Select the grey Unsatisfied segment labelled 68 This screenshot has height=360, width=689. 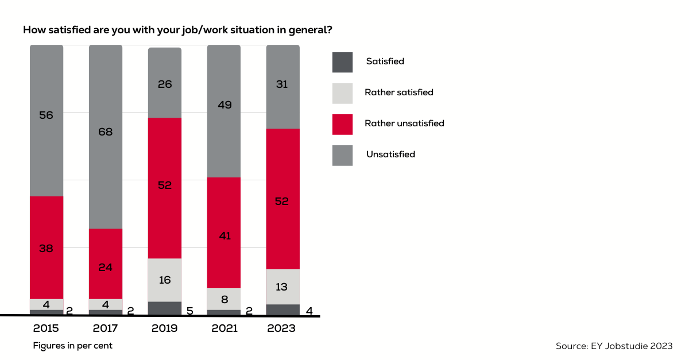pyautogui.click(x=106, y=137)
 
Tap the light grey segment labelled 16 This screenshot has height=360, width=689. pyautogui.click(x=165, y=280)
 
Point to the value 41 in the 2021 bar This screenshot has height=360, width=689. pyautogui.click(x=224, y=235)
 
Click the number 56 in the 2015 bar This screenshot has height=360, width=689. pyautogui.click(x=47, y=115)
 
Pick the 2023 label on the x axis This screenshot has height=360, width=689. pyautogui.click(x=282, y=328)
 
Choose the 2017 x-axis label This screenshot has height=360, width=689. pyautogui.click(x=106, y=328)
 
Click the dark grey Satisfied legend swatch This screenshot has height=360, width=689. pyautogui.click(x=342, y=62)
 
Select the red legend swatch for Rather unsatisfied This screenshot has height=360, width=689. pyautogui.click(x=342, y=124)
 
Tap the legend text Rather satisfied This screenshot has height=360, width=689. pyautogui.click(x=398, y=92)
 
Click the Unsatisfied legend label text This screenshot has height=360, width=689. pyautogui.click(x=390, y=154)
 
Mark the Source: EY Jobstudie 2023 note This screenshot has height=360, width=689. pyautogui.click(x=614, y=346)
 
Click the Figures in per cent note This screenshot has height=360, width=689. pyautogui.click(x=72, y=346)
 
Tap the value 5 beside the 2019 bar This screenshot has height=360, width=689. pyautogui.click(x=189, y=311)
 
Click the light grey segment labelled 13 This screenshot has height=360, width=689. pyautogui.click(x=282, y=287)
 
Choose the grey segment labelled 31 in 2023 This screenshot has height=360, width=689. pyautogui.click(x=282, y=86)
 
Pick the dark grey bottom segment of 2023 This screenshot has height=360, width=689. pyautogui.click(x=282, y=309)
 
